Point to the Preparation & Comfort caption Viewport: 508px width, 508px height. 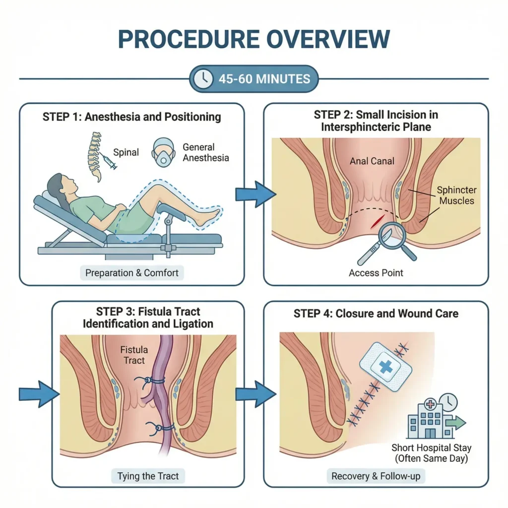point(131,273)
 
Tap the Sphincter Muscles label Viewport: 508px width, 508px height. point(456,195)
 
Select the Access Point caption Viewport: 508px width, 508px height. point(376,273)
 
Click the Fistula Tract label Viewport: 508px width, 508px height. point(134,355)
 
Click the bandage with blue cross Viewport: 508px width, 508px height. point(381,369)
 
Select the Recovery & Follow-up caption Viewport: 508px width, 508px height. point(376,476)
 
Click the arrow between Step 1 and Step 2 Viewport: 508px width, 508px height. point(254,194)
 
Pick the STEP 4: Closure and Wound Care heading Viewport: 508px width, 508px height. point(376,314)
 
